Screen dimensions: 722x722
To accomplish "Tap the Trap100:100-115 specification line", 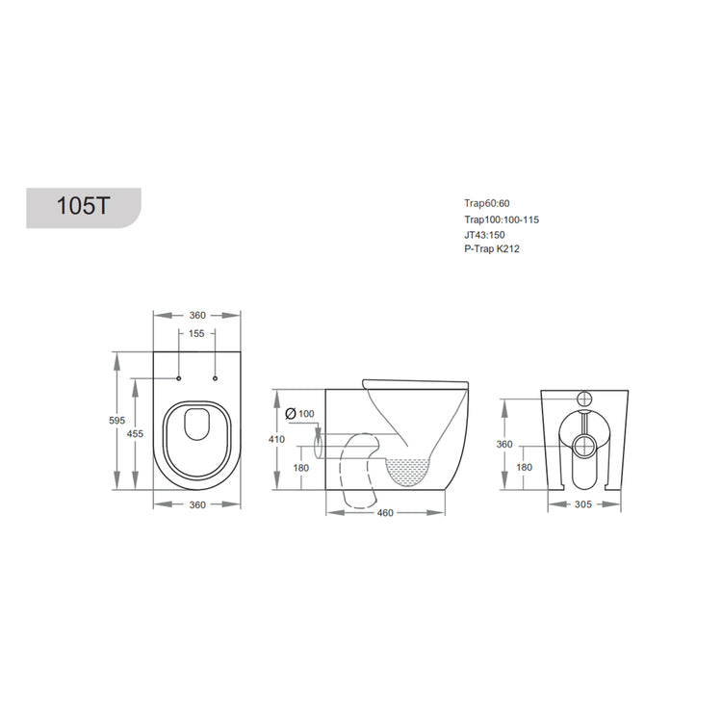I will click(501, 219).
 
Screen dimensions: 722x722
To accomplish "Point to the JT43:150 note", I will click(484, 235).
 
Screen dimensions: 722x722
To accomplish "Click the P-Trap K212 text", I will click(491, 249).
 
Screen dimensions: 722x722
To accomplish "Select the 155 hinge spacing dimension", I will click(196, 334).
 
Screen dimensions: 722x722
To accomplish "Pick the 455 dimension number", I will click(136, 434).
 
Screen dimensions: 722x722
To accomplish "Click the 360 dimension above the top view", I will click(196, 316).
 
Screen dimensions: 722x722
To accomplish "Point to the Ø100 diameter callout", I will click(301, 413).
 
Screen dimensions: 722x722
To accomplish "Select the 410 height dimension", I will click(277, 439).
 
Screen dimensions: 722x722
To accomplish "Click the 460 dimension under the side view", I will click(385, 512).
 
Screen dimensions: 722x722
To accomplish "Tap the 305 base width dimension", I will click(582, 503).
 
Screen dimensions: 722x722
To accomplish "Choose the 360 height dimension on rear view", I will click(503, 444).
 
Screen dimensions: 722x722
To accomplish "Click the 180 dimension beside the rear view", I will click(524, 467).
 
